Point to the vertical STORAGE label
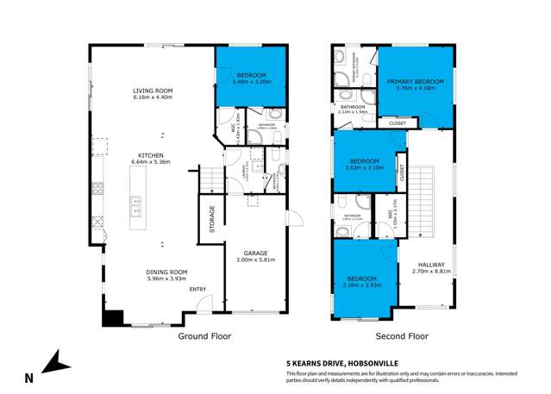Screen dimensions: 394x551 [211, 219]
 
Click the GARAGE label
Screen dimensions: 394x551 [253, 252]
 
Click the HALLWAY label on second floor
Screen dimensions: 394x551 [432, 265]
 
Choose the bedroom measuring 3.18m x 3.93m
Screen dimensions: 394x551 [363, 280]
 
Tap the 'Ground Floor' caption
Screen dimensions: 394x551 [203, 337]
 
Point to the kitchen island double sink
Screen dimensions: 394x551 [137, 205]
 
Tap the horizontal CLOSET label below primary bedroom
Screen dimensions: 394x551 [398, 123]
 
